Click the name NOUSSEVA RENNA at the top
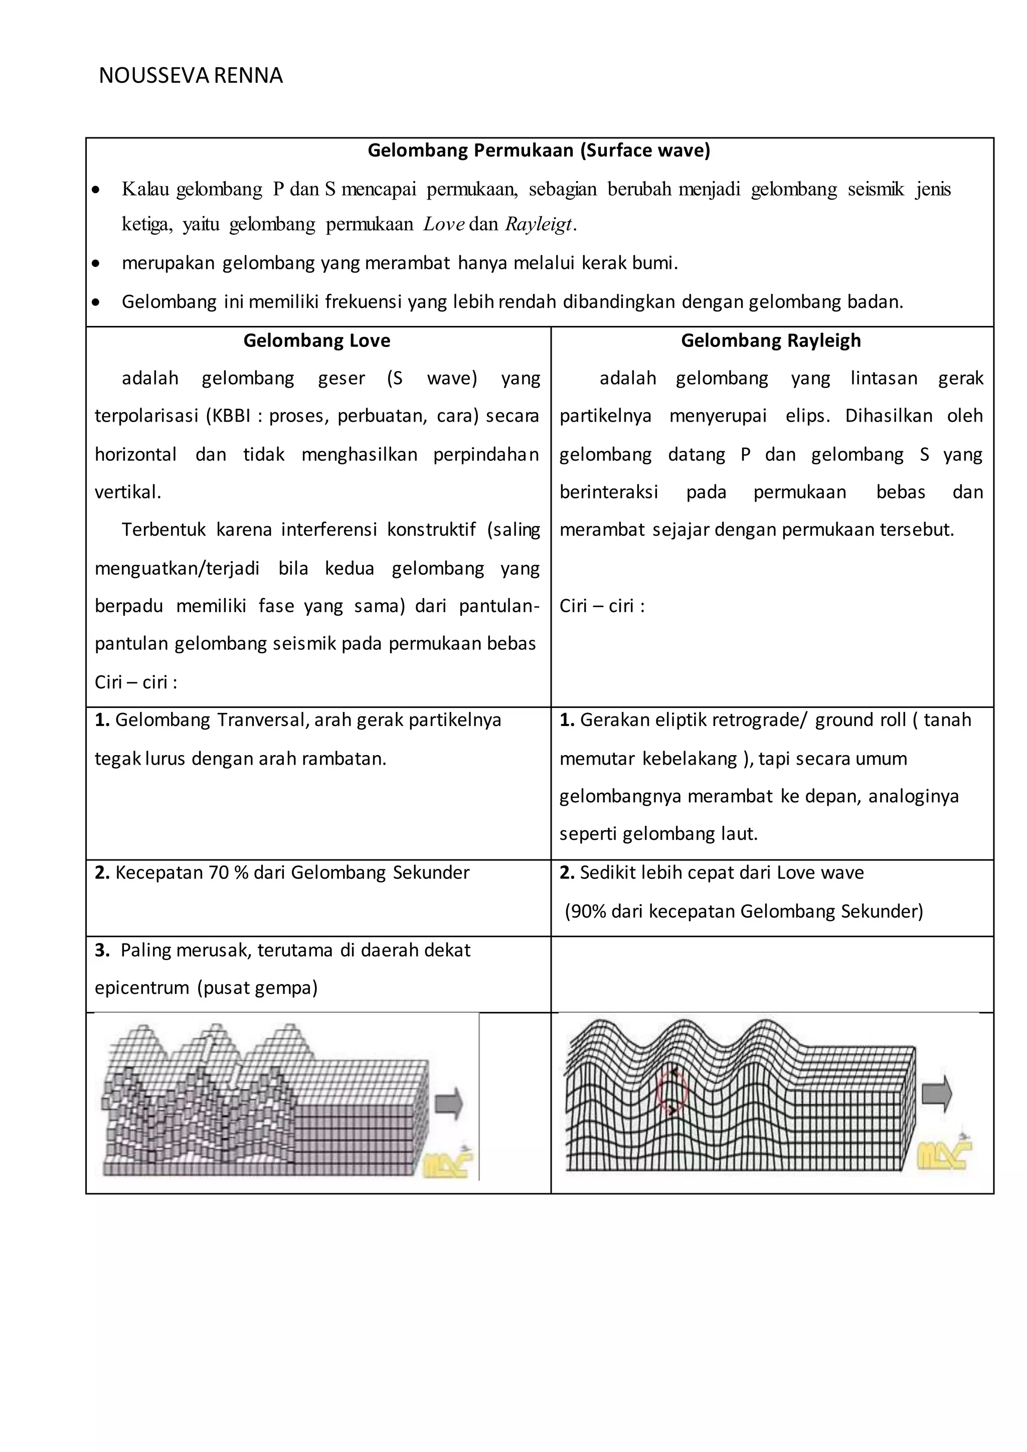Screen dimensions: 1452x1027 pos(191,76)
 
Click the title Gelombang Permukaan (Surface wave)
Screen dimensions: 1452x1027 pos(539,150)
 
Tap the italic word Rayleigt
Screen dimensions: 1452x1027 pos(539,225)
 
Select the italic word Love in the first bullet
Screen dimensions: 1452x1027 pos(443,225)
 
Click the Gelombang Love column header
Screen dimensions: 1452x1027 pos(317,341)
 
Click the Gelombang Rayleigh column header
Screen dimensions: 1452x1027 pos(770,341)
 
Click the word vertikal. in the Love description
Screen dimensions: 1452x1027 pos(128,492)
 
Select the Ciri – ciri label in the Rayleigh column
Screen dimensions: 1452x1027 pos(601,606)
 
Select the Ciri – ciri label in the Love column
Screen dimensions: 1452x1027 pos(135,682)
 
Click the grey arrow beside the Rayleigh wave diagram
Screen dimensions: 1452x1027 pos(937,1094)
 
